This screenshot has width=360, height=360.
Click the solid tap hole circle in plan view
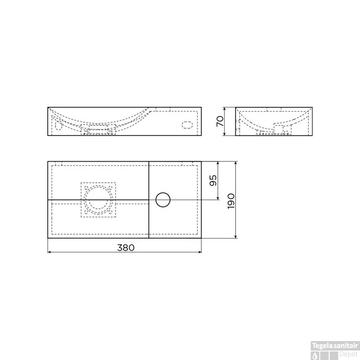point(163,200)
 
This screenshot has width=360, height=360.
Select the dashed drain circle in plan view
point(98,200)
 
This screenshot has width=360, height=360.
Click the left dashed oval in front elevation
point(58,125)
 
